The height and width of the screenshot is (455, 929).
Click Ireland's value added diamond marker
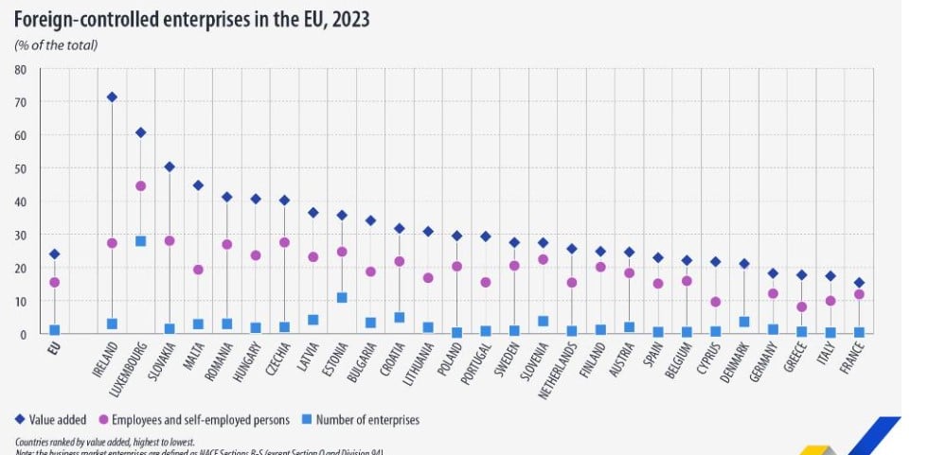112,96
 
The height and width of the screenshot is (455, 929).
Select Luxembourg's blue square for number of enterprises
141,241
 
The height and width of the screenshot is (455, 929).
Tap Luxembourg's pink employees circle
141,186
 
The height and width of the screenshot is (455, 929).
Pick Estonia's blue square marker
342,297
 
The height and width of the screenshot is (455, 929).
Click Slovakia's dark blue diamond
170,166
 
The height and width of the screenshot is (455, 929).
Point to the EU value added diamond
55,254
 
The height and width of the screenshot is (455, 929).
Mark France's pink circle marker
859,294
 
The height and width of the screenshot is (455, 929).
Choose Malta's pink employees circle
198,270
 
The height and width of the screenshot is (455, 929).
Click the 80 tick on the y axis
20,69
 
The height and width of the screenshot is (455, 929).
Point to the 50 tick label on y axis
20,168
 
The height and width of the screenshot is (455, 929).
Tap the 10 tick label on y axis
20,301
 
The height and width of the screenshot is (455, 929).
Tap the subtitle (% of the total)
56,44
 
